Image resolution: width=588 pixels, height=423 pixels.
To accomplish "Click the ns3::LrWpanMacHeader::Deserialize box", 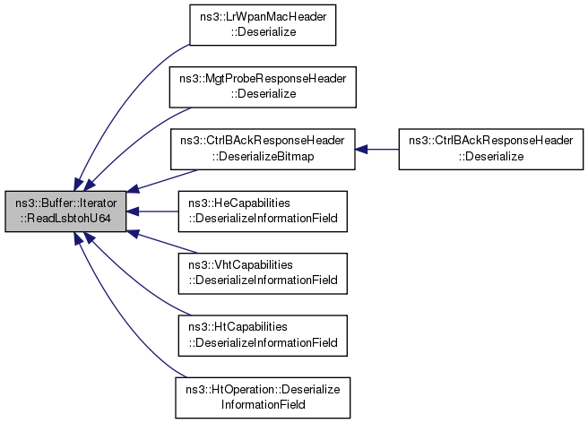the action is coord(263,25).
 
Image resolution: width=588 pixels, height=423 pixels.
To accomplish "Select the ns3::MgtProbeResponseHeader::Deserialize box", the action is coord(263,87).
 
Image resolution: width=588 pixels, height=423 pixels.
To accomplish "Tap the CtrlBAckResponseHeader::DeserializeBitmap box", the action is coord(263,150).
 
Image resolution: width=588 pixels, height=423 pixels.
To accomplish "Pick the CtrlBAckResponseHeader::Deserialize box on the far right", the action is coord(491,150).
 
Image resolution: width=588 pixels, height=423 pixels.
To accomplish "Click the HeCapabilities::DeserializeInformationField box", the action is coord(263,211).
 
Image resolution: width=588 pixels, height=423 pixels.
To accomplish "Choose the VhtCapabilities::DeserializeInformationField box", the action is coord(263,273).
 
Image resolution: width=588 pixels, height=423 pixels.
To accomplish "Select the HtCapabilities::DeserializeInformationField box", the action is coord(263,336).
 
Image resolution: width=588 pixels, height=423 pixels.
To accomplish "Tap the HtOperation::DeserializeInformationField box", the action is coord(263,398).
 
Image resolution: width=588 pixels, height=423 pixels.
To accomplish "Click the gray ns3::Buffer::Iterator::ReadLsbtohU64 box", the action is coord(65,211).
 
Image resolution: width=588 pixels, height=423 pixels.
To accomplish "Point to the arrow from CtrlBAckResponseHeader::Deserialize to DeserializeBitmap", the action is coord(376,150).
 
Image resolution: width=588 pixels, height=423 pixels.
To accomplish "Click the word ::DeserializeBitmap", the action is coord(263,156).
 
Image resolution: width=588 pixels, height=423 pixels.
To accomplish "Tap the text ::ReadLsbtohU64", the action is coord(65,219).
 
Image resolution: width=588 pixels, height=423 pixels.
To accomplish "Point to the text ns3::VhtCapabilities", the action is coord(240,264).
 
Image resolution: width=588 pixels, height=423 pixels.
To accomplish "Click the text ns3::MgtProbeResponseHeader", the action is coord(263,79).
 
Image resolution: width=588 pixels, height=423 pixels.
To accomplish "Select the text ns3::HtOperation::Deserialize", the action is coord(263,389).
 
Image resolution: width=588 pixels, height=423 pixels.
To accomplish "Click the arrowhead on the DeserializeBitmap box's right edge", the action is coord(361,150).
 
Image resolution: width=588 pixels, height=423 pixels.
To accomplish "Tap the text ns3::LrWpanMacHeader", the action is coord(263,17).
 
